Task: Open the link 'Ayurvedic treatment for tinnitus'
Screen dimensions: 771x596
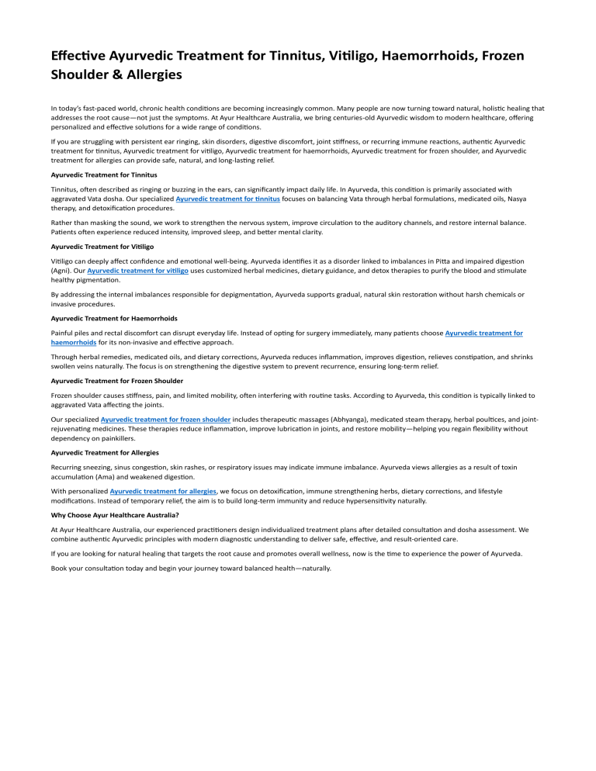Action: pos(228,199)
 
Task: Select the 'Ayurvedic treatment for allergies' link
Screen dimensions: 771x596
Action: pos(163,491)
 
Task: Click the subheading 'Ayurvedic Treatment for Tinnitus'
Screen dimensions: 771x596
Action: pos(104,175)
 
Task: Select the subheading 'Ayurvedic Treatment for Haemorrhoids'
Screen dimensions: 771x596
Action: pos(113,318)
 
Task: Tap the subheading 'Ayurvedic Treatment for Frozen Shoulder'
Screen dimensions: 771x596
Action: pos(117,381)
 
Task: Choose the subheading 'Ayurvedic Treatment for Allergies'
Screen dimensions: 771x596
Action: pos(103,454)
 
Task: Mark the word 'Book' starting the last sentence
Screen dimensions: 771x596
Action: pos(60,568)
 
